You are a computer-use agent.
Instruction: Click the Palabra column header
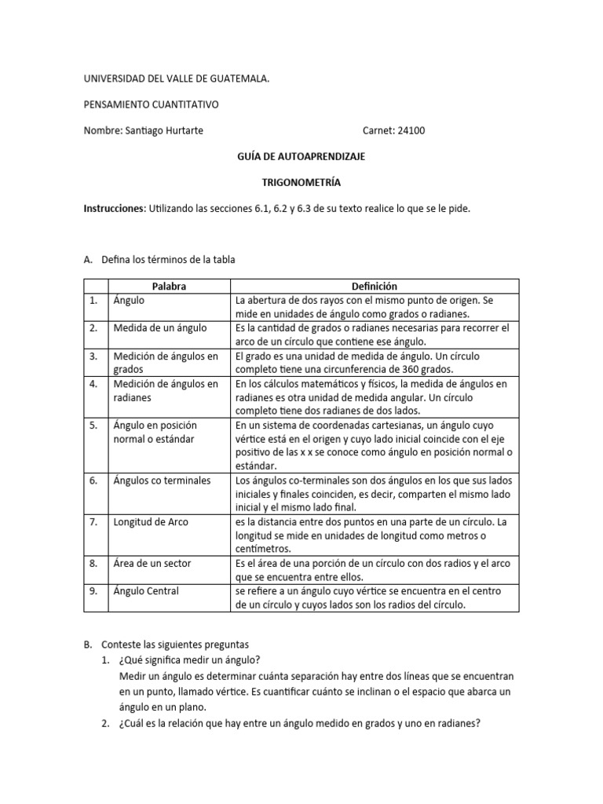pyautogui.click(x=170, y=287)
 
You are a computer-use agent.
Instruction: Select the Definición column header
pyautogui.click(x=375, y=287)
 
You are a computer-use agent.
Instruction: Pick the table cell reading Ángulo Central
pyautogui.click(x=146, y=591)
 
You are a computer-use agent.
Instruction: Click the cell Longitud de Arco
pyautogui.click(x=151, y=521)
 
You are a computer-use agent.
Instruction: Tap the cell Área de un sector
pyautogui.click(x=152, y=563)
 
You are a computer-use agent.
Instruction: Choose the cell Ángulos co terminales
pyautogui.click(x=162, y=480)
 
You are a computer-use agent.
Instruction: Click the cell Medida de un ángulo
pyautogui.click(x=160, y=327)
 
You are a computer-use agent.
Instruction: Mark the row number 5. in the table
pyautogui.click(x=93, y=425)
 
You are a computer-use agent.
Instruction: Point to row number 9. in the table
pyautogui.click(x=93, y=591)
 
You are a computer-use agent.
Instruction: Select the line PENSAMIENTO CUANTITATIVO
pyautogui.click(x=152, y=104)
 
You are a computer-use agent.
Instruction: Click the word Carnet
pyautogui.click(x=378, y=130)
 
